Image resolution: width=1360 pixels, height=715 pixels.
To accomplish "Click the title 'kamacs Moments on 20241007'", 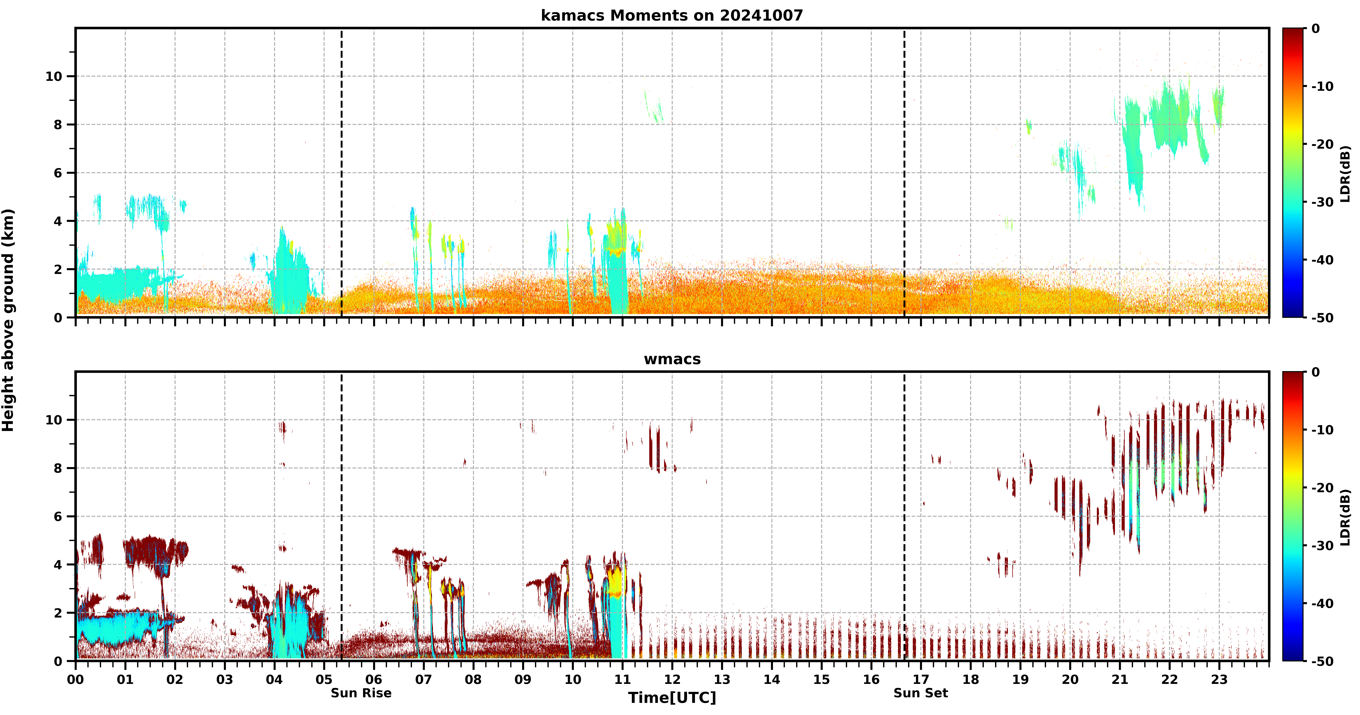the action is click(x=671, y=15).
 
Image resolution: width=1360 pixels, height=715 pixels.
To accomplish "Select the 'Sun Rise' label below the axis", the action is click(x=361, y=693).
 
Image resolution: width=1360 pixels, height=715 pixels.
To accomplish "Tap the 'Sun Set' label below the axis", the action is click(x=921, y=693).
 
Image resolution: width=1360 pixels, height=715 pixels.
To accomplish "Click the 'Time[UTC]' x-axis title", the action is click(x=672, y=698).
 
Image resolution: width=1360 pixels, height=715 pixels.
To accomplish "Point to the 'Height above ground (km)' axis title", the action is click(x=8, y=320).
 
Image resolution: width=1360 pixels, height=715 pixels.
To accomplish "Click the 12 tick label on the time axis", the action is click(x=672, y=680).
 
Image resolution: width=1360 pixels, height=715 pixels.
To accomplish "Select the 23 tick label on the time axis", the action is click(x=1219, y=680).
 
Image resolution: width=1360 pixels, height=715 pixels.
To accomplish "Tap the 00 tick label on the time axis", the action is click(x=75, y=680).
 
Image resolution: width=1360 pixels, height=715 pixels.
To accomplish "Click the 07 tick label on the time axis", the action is click(x=423, y=680).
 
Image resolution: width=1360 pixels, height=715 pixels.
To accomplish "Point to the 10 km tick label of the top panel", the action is click(x=54, y=76).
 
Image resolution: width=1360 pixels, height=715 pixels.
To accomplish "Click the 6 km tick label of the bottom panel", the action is click(x=58, y=516).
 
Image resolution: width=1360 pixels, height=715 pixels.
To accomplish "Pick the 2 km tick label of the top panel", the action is click(x=58, y=269).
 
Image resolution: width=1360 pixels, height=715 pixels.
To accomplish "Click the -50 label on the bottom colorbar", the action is click(x=1323, y=661).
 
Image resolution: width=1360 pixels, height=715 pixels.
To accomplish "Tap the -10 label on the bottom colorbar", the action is click(x=1323, y=430).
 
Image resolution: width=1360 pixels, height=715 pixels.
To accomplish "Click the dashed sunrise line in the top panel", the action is click(x=342, y=173).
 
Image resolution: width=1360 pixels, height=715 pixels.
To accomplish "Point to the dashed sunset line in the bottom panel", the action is click(x=904, y=516).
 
